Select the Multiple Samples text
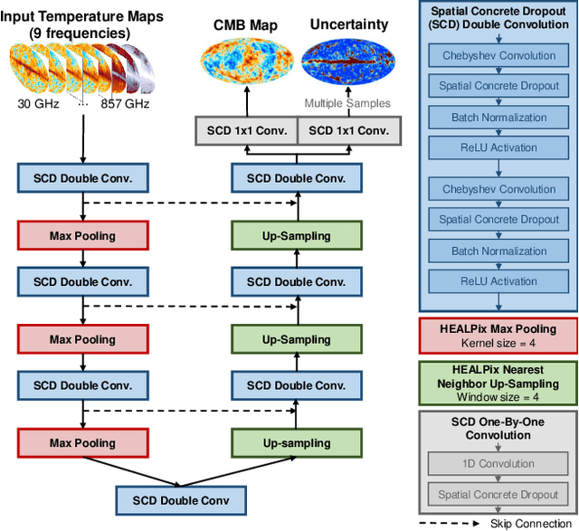(x=347, y=103)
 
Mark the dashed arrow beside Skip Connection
(x=450, y=523)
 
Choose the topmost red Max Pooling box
(x=82, y=236)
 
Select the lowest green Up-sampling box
(x=296, y=443)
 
